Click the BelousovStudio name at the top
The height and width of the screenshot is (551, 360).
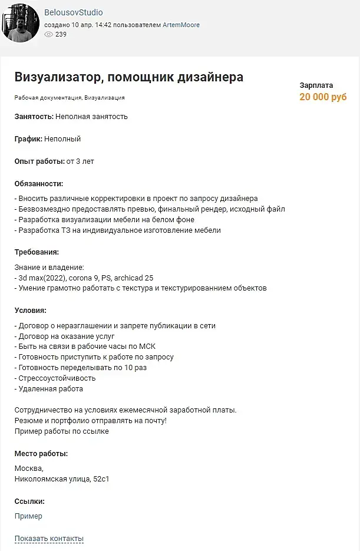coord(74,13)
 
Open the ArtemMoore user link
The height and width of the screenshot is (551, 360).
coord(181,25)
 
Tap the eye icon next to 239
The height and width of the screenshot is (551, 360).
coord(49,34)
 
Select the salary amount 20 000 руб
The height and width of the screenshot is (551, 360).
coord(323,97)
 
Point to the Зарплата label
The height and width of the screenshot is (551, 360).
coord(316,85)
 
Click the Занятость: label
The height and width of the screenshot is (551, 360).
coord(34,117)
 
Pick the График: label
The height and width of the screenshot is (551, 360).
coord(28,139)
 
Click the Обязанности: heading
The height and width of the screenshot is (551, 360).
coord(38,184)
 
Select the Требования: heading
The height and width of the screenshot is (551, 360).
coord(37,252)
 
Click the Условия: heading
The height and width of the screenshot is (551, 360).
coord(30,310)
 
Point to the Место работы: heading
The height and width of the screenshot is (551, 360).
coord(41,454)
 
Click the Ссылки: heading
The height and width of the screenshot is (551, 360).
coord(29,501)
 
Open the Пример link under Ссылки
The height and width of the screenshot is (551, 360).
coord(28,516)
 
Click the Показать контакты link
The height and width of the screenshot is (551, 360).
coord(49,539)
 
